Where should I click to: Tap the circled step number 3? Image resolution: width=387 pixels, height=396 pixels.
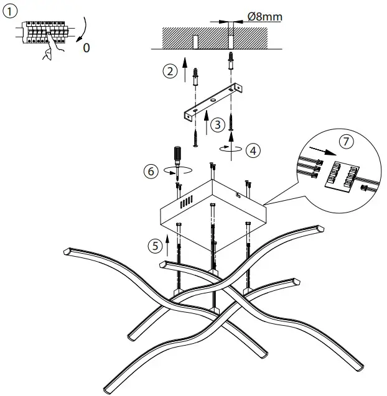coord(217,124)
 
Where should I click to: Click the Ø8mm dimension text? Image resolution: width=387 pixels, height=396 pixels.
coord(264,17)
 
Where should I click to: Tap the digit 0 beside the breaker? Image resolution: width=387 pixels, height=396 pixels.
coord(86,48)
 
